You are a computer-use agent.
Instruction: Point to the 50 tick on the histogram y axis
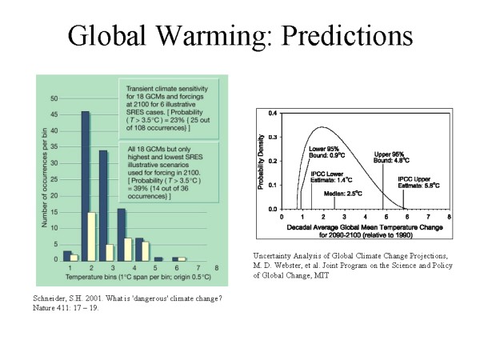coord(54,98)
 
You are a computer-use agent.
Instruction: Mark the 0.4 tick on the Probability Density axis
coord(274,113)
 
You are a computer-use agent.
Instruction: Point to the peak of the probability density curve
coord(322,126)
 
